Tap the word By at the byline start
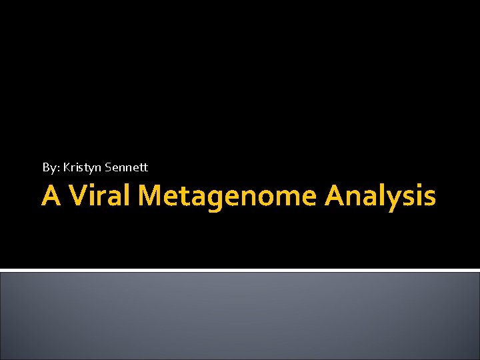(49, 167)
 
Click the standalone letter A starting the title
(51, 196)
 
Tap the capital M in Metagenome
(155, 196)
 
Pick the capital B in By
(46, 167)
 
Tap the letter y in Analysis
(398, 200)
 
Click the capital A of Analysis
(337, 196)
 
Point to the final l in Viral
(131, 195)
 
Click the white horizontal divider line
(240, 270)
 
